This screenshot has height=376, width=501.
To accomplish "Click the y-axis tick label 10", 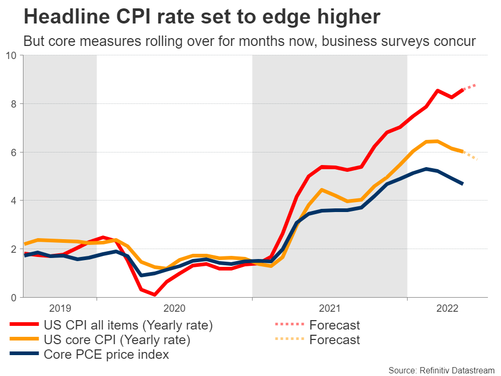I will (11, 55).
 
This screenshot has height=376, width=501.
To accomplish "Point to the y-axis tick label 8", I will (14, 104).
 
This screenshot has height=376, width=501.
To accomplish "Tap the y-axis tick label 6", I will (14, 152).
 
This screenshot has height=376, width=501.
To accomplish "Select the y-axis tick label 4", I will (14, 201).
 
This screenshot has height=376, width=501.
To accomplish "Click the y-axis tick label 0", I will (14, 298).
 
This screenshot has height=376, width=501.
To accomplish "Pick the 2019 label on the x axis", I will (61, 308).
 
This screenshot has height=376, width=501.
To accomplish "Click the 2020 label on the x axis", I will (174, 308).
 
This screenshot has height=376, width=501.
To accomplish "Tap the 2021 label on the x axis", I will (330, 308).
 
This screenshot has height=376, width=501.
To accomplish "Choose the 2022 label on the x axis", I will (447, 308).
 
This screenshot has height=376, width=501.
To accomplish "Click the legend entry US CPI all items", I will (128, 325).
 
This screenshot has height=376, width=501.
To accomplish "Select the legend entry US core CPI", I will (117, 340).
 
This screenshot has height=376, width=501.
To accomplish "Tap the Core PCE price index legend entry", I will (106, 355).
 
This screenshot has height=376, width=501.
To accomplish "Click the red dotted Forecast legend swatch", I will (289, 325).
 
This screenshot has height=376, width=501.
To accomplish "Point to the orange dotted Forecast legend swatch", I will (289, 340).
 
